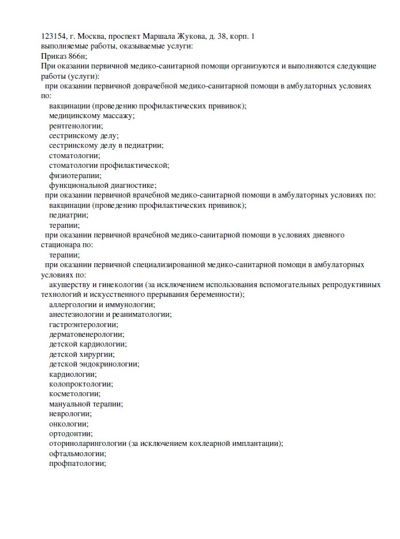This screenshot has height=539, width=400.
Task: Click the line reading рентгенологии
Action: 76,126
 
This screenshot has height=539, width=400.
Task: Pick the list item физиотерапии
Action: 75,175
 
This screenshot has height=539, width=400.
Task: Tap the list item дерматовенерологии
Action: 86,335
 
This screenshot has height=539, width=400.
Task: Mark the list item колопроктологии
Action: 81,384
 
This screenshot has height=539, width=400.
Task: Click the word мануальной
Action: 70,404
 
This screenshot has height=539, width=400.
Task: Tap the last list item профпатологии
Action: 78,464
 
